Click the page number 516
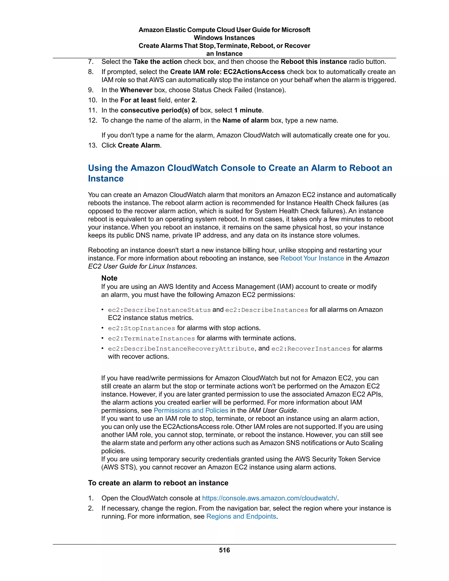click(224, 550)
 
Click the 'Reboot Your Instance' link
click(312, 258)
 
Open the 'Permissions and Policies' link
click(191, 410)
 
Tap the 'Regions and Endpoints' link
click(241, 516)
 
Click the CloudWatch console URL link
click(269, 498)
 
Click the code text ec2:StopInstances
click(141, 328)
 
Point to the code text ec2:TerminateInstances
click(151, 338)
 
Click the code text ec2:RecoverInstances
click(311, 349)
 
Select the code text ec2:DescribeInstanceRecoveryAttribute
click(181, 349)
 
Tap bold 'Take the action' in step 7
click(157, 62)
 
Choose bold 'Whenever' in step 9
click(136, 90)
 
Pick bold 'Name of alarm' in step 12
click(246, 121)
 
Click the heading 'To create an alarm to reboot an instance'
click(158, 483)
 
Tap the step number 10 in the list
click(92, 100)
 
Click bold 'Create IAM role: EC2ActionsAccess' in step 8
click(227, 72)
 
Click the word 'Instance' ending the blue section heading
click(106, 178)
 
